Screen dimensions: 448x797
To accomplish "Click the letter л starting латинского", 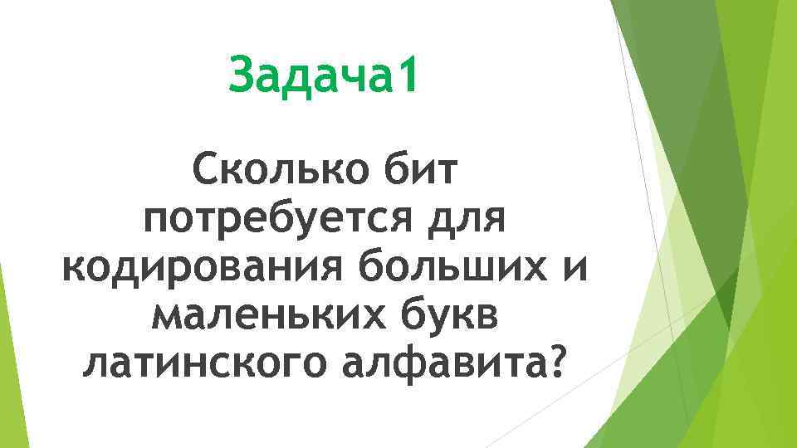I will click(98, 364).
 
